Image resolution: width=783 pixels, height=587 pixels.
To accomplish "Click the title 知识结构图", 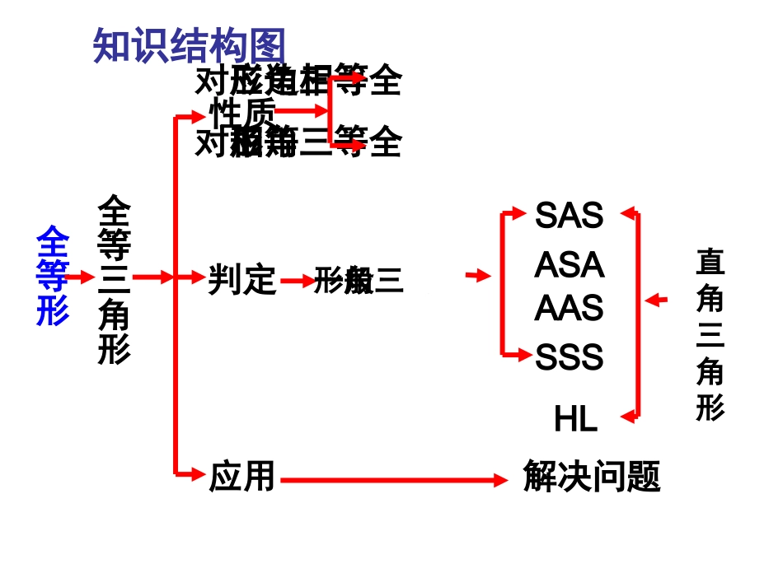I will (x=190, y=46).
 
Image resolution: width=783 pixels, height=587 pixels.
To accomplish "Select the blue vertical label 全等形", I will (x=52, y=276).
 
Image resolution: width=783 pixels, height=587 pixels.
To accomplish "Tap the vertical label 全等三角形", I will (x=115, y=278).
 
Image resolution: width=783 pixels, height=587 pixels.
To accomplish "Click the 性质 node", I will (x=242, y=112).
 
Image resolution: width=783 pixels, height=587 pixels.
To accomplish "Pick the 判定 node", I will (x=241, y=280).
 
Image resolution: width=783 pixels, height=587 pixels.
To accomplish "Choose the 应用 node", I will (x=241, y=477).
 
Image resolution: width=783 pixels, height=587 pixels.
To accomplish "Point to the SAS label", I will (x=569, y=216).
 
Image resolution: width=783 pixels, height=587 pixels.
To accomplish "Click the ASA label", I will (x=569, y=265).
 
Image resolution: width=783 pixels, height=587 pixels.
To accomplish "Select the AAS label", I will (x=569, y=309).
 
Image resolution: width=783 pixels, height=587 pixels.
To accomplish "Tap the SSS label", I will (x=569, y=357).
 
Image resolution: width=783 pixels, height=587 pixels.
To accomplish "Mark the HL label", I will (x=575, y=420).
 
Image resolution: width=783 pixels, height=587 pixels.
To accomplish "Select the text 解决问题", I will (x=592, y=477).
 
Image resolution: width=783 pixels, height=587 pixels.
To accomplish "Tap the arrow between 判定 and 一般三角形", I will (x=297, y=282).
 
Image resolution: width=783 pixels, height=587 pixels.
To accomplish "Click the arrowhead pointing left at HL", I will (x=627, y=417).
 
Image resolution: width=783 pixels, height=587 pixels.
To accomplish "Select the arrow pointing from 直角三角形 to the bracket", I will (x=656, y=300).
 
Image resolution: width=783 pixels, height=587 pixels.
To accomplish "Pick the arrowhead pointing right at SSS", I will (x=522, y=355).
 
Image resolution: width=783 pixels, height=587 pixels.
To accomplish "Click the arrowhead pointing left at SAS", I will (x=627, y=213).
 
